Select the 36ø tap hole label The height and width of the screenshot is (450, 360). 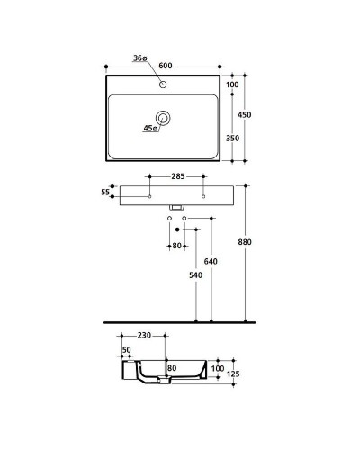tap(139, 59)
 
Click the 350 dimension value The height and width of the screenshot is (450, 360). tap(232, 139)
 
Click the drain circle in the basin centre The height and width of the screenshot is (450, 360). tap(164, 117)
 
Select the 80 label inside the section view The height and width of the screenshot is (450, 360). tap(170, 367)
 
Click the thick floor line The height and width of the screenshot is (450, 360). tap(180, 321)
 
